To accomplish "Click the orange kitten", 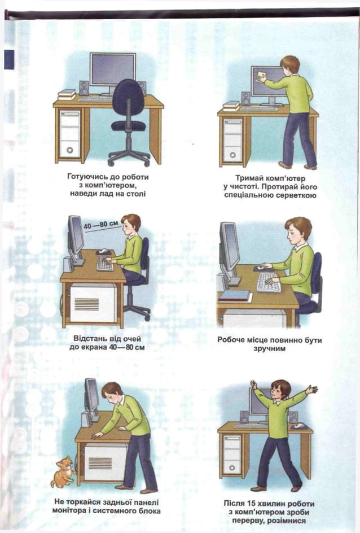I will coord(63,471).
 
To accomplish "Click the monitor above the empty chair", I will coord(113,69).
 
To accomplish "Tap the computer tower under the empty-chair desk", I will coord(71,133).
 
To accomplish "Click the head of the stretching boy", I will coord(280,389).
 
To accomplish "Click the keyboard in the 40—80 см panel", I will coord(104,263).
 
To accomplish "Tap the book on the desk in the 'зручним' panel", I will coord(234,294).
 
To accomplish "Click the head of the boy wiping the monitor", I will coord(289,64).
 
